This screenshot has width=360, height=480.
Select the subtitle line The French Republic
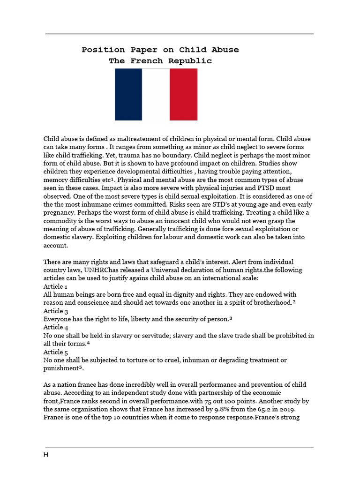coord(160,61)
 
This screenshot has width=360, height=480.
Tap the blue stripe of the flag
coord(128,94)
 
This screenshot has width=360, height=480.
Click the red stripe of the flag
coord(183,94)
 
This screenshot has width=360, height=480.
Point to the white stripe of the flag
coord(156,94)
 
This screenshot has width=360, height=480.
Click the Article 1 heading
coord(56,286)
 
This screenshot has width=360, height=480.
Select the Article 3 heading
coord(56,311)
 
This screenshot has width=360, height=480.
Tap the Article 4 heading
coord(56,327)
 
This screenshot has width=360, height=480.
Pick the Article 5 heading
coord(56,352)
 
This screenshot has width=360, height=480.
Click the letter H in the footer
coord(46,455)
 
